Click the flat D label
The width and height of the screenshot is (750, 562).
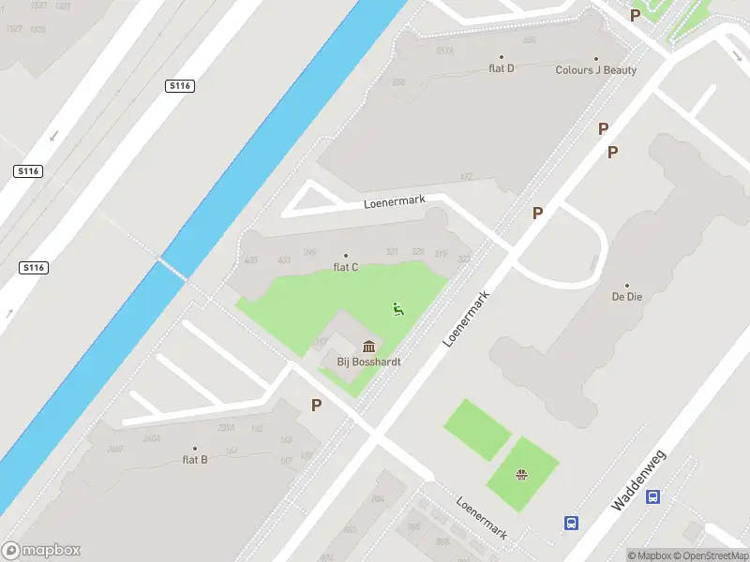click(502, 68)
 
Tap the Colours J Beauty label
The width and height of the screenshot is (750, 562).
click(595, 70)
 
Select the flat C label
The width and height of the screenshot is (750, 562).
click(346, 267)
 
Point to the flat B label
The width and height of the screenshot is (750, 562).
click(195, 459)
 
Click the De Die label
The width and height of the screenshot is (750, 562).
click(626, 296)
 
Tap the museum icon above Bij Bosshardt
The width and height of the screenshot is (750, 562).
click(369, 345)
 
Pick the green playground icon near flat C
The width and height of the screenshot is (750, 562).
click(398, 308)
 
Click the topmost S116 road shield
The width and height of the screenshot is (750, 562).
click(179, 86)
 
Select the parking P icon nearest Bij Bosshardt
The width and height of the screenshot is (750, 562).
click(317, 405)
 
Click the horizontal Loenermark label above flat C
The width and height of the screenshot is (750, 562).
click(395, 201)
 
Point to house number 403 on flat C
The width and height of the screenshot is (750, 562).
click(284, 259)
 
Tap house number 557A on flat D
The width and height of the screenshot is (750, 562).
click(444, 52)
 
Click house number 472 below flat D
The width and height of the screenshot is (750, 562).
click(466, 176)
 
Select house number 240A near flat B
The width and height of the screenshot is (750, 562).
click(151, 438)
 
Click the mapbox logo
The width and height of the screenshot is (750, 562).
click(41, 551)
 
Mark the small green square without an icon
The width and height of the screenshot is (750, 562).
click(476, 429)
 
